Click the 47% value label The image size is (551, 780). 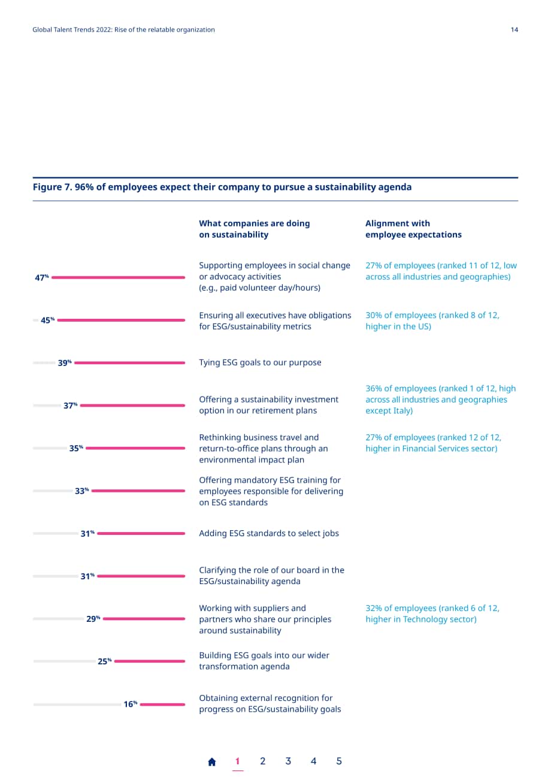coord(42,277)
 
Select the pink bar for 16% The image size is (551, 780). coord(162,704)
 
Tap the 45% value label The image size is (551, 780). coord(48,320)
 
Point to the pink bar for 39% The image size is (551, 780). coord(129,362)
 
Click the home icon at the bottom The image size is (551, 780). coord(211,761)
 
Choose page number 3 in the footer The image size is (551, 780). coord(288,761)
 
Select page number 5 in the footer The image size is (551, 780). coord(338,761)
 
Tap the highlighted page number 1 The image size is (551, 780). coord(237,761)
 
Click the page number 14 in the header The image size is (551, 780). coord(514,29)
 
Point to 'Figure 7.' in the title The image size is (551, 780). coord(53,187)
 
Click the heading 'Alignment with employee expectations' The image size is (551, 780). coord(413,229)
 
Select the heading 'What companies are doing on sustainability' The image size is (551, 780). coord(254,229)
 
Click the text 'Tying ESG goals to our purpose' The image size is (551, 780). coord(260,362)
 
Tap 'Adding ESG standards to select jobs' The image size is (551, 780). coord(269,533)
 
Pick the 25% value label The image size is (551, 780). coord(104,661)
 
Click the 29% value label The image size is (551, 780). coord(93,618)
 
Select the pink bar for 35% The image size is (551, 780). coord(135,448)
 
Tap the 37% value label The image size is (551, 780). coord(70,406)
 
